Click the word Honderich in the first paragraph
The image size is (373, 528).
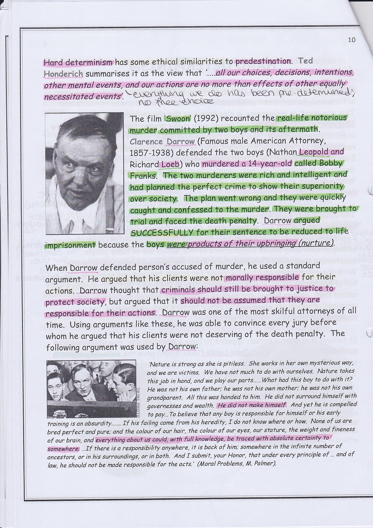pyautogui.click(x=63, y=73)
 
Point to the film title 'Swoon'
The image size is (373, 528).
pyautogui.click(x=175, y=118)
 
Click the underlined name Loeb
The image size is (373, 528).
pyautogui.click(x=170, y=164)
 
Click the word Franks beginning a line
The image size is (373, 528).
pyautogui.click(x=143, y=175)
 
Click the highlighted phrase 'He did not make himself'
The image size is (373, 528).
pyautogui.click(x=252, y=405)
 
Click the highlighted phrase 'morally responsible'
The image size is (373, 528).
pyautogui.click(x=262, y=277)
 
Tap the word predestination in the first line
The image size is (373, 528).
pyautogui.click(x=263, y=61)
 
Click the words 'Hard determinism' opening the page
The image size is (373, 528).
pyautogui.click(x=79, y=63)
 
